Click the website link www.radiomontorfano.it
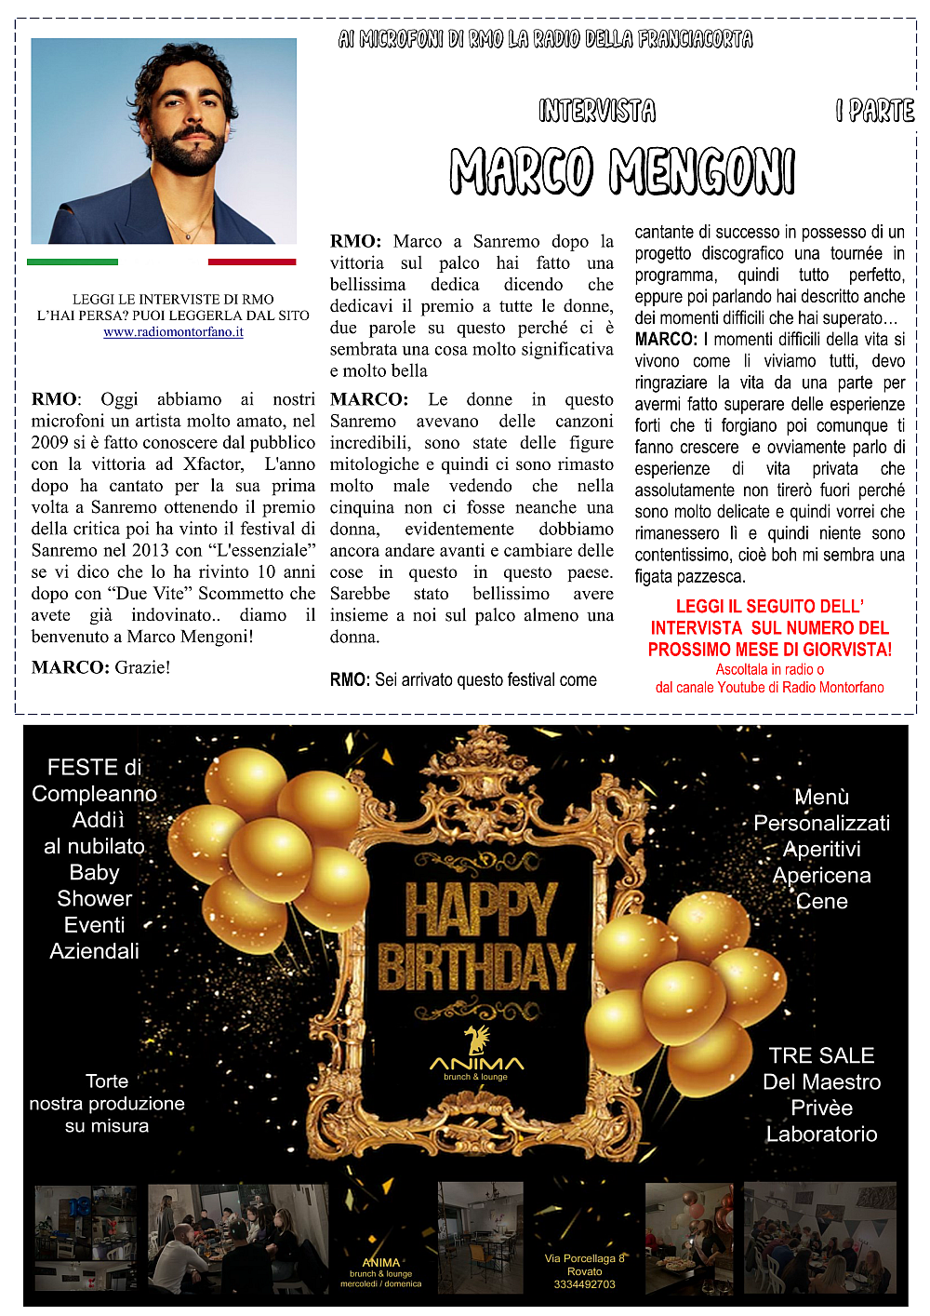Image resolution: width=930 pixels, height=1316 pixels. (173, 332)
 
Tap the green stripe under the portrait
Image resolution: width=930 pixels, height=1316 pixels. (73, 262)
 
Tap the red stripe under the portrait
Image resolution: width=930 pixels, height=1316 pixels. (251, 262)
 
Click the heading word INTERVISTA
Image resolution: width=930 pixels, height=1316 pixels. (597, 112)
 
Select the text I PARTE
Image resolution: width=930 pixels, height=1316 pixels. (875, 112)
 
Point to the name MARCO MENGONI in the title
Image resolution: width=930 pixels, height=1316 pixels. (622, 171)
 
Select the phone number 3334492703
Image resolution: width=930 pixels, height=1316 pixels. (584, 1284)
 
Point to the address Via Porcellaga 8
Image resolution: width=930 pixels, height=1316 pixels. (584, 1258)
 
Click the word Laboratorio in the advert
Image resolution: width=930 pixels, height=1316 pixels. (821, 1135)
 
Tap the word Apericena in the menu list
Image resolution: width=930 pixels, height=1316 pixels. (821, 876)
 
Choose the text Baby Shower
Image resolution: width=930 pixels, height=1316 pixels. (95, 885)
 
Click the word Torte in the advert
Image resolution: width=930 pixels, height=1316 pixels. (107, 1081)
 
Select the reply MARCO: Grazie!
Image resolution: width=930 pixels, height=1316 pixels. (100, 667)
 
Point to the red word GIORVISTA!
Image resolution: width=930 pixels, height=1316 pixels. (847, 650)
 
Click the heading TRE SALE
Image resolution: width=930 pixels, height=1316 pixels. (821, 1055)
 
